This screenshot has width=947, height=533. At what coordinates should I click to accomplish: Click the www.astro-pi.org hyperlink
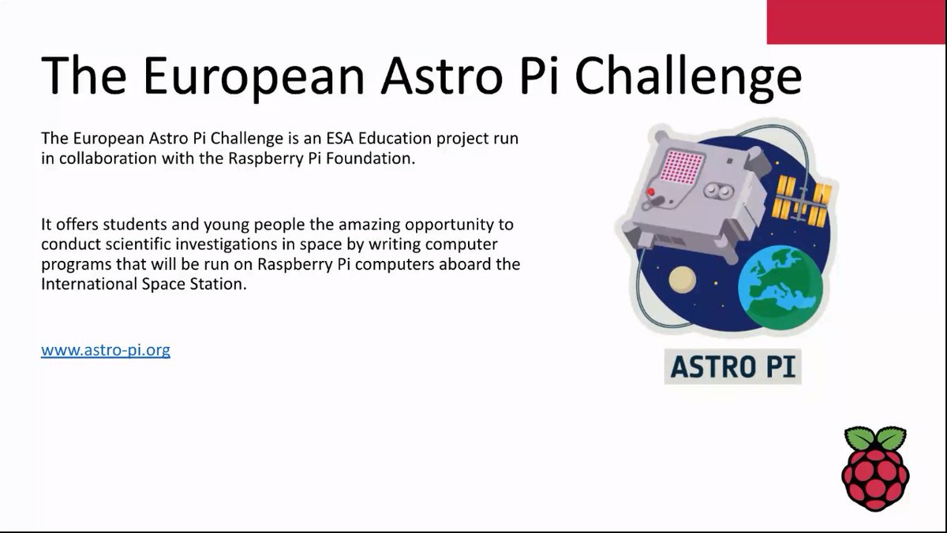[x=106, y=349]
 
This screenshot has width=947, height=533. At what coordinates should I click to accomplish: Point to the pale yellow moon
[x=681, y=280]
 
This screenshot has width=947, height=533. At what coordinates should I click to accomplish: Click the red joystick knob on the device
[x=651, y=191]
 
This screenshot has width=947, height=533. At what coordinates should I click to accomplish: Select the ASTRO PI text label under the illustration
[x=732, y=367]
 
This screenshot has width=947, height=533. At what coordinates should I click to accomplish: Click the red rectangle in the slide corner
[x=856, y=22]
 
